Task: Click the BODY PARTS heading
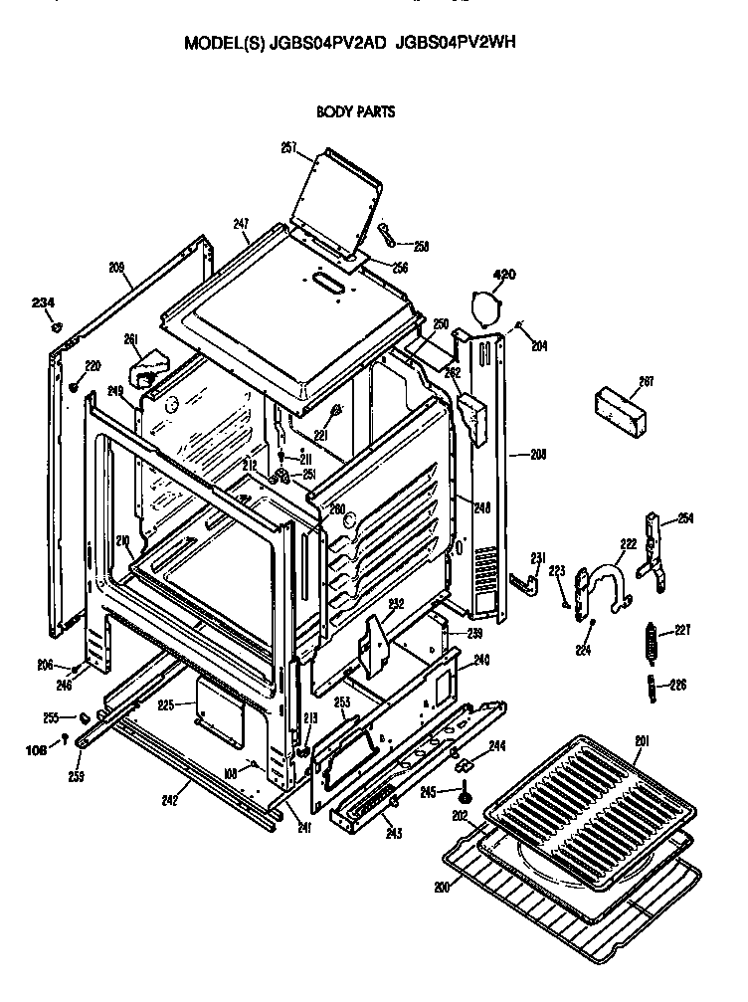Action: click(355, 111)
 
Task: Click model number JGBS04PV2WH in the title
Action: click(456, 43)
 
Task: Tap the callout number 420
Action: click(505, 274)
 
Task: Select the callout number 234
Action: click(43, 302)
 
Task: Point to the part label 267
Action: click(646, 381)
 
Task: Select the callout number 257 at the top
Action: click(288, 147)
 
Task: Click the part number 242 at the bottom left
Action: click(170, 798)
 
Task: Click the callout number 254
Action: click(684, 516)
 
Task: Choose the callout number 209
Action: click(116, 266)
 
